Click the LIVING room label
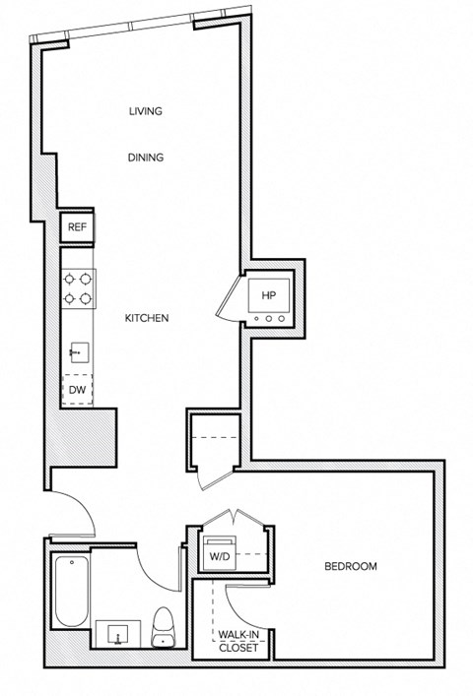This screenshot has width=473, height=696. pos(145,111)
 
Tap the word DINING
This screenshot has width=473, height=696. pos(145,158)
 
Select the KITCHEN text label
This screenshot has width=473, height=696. pos(149,319)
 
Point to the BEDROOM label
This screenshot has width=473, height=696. pos(351,567)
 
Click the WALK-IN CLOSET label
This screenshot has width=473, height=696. pos(239,642)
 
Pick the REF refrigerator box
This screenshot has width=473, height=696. pos(77,227)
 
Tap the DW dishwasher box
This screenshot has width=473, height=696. pos(77,391)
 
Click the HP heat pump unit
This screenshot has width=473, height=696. pos(268,295)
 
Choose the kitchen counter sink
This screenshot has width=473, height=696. pos(76,349)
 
